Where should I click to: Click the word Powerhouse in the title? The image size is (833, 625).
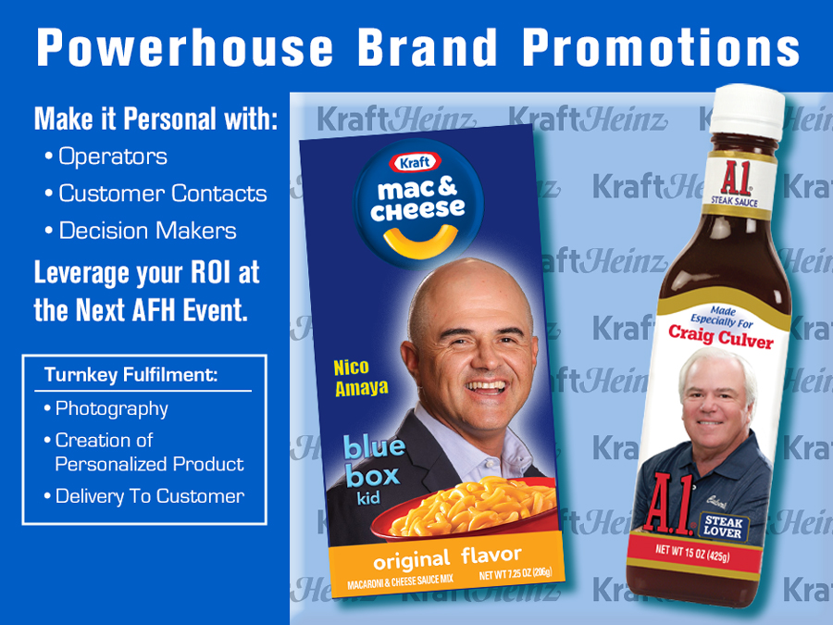tap(185, 47)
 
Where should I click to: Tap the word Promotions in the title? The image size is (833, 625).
tap(661, 47)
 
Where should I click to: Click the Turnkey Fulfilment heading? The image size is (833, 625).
tap(131, 375)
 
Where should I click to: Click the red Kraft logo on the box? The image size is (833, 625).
tap(415, 163)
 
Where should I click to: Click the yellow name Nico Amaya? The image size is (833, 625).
tap(361, 378)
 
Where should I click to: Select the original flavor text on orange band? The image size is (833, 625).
tap(447, 558)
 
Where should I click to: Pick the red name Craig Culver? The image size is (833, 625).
tap(720, 336)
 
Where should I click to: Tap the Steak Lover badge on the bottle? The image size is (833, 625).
tap(723, 527)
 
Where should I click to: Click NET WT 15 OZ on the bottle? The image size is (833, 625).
tap(692, 553)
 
